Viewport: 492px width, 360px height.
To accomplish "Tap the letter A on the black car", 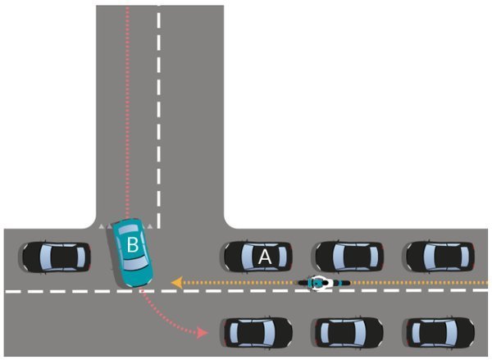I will click(x=264, y=257).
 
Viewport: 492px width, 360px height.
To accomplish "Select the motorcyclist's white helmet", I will click(x=320, y=284).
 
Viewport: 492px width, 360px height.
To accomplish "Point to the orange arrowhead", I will click(x=176, y=284).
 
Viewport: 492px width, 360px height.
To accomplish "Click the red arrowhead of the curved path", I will click(x=202, y=331).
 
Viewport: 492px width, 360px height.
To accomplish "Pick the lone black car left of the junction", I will click(x=56, y=257).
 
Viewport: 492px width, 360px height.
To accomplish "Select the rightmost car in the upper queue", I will click(x=440, y=257).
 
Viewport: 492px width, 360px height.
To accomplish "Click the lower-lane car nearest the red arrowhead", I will click(x=257, y=331).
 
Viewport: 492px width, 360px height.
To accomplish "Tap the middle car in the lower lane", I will click(x=348, y=331).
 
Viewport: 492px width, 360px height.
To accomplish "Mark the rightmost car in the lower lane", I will click(x=440, y=331).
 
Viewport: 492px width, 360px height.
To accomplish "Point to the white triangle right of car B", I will click(x=153, y=224).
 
